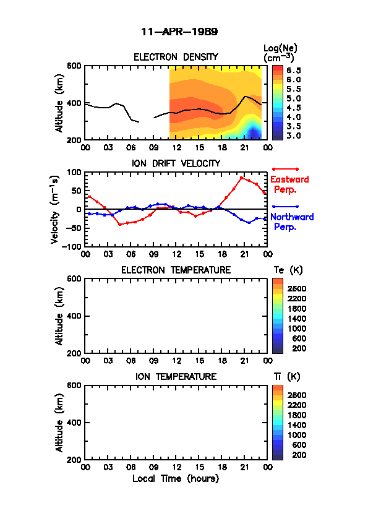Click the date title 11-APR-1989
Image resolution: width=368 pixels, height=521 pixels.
pyautogui.click(x=179, y=32)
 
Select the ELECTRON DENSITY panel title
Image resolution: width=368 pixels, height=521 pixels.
pyautogui.click(x=176, y=57)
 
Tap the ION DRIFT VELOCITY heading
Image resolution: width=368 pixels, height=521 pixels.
pyautogui.click(x=176, y=163)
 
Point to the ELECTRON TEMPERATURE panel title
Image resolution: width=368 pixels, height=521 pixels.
pyautogui.click(x=176, y=270)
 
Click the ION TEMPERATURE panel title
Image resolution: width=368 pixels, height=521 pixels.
pyautogui.click(x=176, y=376)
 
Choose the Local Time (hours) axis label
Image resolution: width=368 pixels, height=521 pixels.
pyautogui.click(x=176, y=479)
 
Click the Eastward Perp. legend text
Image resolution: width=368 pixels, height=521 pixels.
pyautogui.click(x=289, y=184)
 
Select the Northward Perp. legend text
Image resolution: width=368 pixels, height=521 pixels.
pyautogui.click(x=291, y=222)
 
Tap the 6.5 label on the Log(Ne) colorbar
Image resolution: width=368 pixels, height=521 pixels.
pyautogui.click(x=294, y=71)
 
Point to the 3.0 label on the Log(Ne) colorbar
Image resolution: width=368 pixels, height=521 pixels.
pyautogui.click(x=294, y=136)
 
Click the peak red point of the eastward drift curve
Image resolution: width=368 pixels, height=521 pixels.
pyautogui.click(x=241, y=178)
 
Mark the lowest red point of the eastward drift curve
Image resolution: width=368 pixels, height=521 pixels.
pyautogui.click(x=119, y=225)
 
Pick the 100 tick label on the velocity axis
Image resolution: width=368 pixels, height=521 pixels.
pyautogui.click(x=74, y=172)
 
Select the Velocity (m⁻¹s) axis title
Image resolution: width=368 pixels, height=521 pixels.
pyautogui.click(x=55, y=210)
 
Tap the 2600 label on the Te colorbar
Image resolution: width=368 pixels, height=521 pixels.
pyautogui.click(x=297, y=289)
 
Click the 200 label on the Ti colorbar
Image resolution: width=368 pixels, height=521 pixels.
pyautogui.click(x=299, y=455)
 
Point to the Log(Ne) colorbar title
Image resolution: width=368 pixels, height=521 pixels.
pyautogui.click(x=280, y=53)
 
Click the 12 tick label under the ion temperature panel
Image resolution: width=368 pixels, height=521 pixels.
pyautogui.click(x=176, y=467)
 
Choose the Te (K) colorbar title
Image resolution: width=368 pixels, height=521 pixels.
pyautogui.click(x=288, y=270)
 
